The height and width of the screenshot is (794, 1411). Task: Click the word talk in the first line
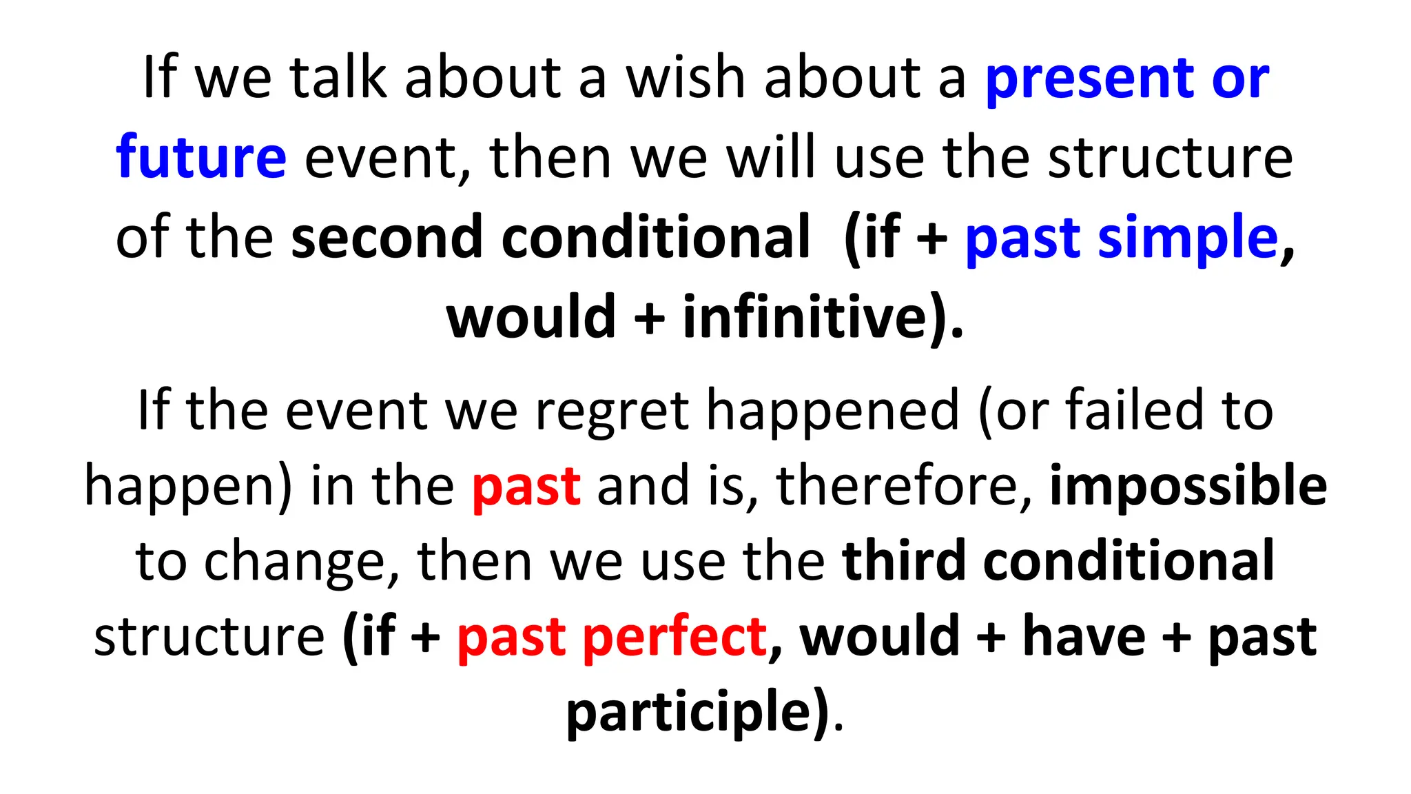pos(338,77)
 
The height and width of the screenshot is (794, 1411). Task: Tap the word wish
pos(685,77)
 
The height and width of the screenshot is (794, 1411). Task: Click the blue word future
pos(200,157)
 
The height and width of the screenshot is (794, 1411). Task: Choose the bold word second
pos(387,238)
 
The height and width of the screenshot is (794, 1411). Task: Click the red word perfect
pos(675,638)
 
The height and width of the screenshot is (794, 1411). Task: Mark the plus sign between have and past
pos(1177,638)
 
